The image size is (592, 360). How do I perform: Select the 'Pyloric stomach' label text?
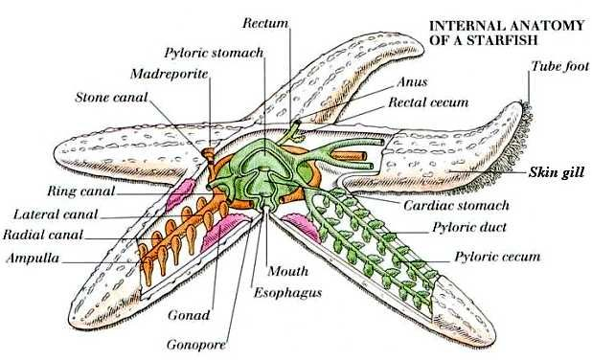pyautogui.click(x=213, y=53)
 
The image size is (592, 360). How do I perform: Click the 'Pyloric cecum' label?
pyautogui.click(x=497, y=257)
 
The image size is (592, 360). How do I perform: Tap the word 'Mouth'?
pyautogui.click(x=287, y=271)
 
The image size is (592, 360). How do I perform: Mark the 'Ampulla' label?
pyautogui.click(x=34, y=259)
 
